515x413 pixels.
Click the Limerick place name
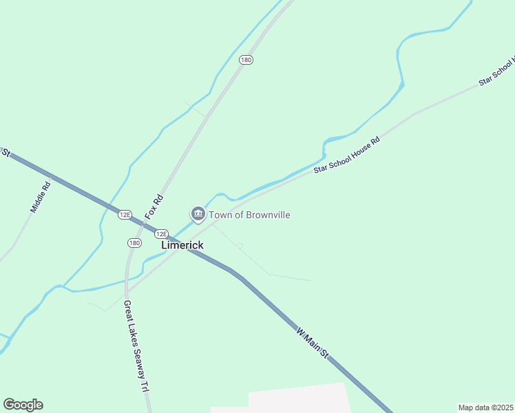[182, 245]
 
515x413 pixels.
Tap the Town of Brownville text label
[249, 215]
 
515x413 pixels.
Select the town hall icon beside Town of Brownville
[198, 215]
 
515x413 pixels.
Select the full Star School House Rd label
[346, 156]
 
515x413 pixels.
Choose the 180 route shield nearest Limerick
[134, 242]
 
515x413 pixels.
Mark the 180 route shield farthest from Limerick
[246, 60]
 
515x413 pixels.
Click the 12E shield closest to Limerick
[160, 233]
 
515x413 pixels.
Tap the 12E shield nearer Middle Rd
[125, 214]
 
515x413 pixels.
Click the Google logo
[23, 405]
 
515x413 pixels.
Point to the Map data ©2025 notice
[485, 407]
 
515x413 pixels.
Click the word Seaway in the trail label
[136, 352]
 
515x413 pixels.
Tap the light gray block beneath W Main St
[299, 399]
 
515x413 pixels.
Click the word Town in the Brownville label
[220, 215]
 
